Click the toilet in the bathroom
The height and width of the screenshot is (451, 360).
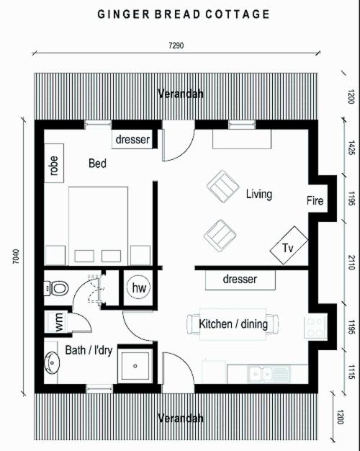(57, 288)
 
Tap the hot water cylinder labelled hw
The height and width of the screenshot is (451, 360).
(138, 287)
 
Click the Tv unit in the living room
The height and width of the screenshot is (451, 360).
(289, 245)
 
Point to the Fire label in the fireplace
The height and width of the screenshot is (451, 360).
(315, 200)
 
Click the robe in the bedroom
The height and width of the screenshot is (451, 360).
(54, 163)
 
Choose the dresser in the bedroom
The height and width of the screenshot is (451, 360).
(132, 139)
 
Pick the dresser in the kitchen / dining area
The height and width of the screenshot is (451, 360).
(240, 280)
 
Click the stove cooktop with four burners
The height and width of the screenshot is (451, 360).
(315, 326)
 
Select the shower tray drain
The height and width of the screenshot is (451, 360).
(135, 366)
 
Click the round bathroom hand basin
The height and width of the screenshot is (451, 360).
(52, 362)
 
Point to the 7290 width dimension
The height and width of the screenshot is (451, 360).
(176, 45)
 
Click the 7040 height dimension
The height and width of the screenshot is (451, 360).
(16, 256)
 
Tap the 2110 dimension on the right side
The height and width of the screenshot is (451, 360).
(350, 262)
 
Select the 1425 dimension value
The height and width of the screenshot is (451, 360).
(351, 147)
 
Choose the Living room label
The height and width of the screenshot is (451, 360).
(259, 194)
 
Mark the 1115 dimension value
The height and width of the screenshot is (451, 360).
(351, 372)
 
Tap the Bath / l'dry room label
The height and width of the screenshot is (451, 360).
(89, 350)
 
